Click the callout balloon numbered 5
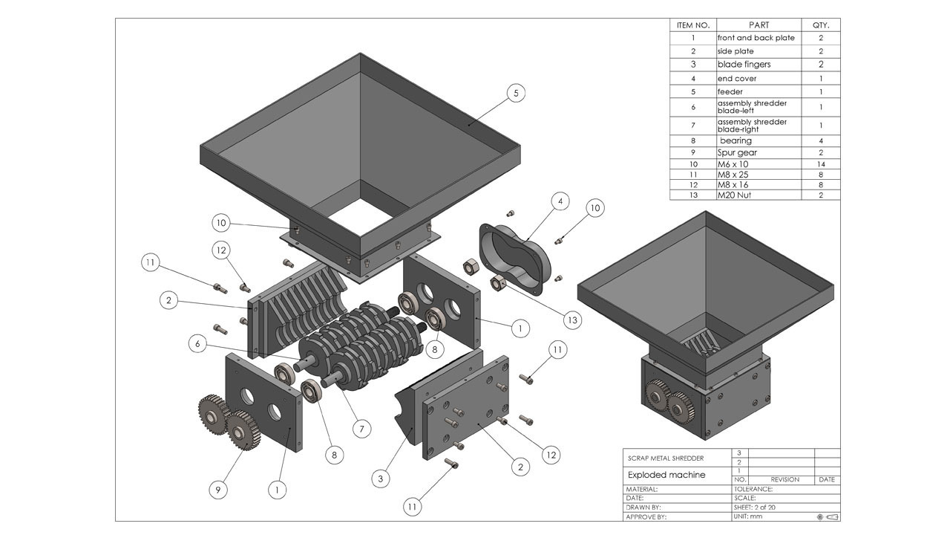517,93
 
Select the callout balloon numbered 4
562,201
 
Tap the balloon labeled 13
571,320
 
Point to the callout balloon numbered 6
197,344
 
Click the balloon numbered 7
361,429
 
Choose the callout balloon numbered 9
218,490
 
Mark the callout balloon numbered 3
381,479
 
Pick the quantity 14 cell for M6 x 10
821,163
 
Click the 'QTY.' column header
821,25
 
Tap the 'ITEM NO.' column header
692,25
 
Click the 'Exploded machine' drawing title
666,475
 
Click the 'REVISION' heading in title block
784,479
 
